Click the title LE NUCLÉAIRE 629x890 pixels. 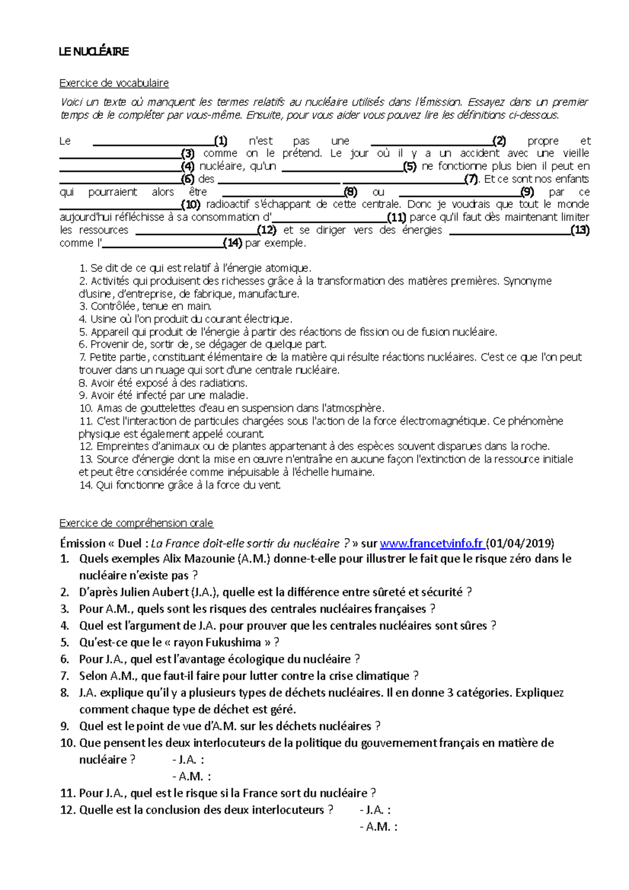[x=93, y=51]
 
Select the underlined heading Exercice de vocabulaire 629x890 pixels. [x=114, y=83]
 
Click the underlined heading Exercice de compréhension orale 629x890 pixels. [x=136, y=523]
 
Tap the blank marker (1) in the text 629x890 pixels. [x=220, y=140]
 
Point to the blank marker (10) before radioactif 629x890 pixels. [x=190, y=204]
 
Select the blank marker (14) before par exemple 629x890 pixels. [x=232, y=243]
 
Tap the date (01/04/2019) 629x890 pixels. [x=520, y=543]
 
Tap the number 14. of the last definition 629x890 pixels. [x=86, y=485]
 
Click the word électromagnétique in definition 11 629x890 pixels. [x=444, y=421]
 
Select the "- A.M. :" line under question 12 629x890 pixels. [x=378, y=827]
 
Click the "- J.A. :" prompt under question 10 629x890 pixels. [x=188, y=759]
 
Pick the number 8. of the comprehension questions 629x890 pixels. [x=65, y=692]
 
